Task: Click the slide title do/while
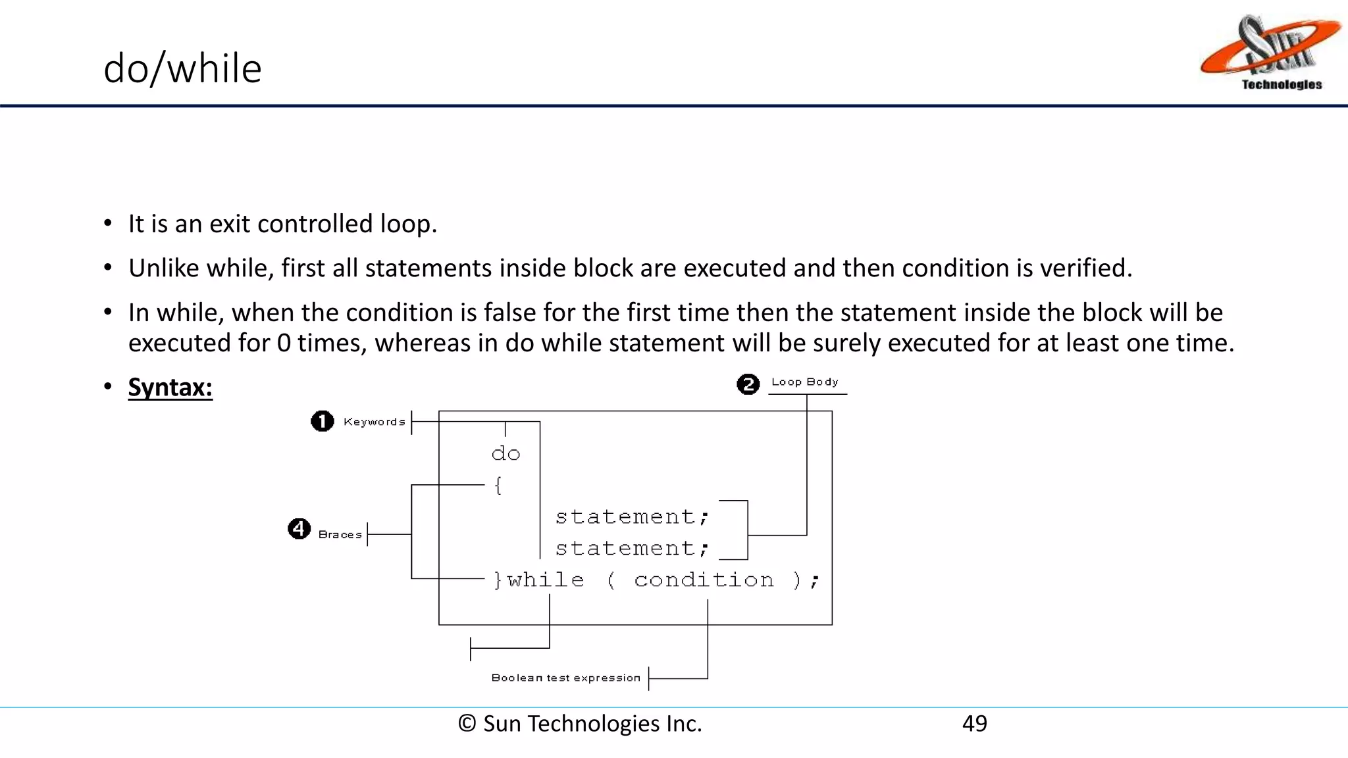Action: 182,68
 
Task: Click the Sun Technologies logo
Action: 1269,53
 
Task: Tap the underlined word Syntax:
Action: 170,387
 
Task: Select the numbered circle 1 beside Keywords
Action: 322,421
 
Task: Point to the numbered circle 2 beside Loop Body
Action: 748,384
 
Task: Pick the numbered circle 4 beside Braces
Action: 299,528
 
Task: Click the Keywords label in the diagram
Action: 374,422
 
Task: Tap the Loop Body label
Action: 804,382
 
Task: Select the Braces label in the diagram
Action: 340,534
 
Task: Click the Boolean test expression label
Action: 565,678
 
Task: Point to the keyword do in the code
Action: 505,453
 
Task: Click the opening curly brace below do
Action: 498,486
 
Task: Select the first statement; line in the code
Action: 632,517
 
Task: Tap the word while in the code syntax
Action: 546,580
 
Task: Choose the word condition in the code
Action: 704,580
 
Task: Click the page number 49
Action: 974,723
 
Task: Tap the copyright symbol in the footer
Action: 467,723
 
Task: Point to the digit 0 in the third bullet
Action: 284,343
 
